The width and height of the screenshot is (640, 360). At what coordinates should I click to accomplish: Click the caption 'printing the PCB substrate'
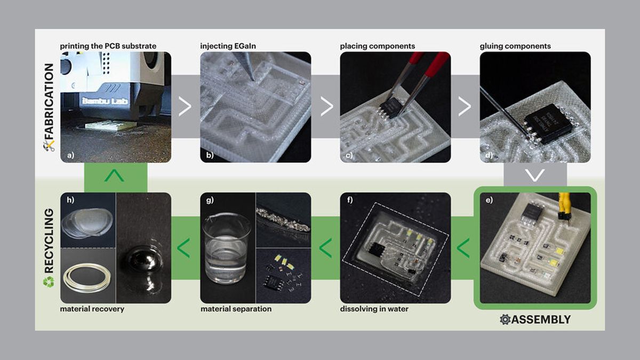click(109, 46)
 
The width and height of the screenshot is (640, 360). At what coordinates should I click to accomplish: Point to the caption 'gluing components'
click(515, 46)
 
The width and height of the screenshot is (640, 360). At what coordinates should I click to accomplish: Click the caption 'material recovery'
click(92, 309)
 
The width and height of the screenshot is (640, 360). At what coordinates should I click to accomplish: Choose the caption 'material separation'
click(236, 309)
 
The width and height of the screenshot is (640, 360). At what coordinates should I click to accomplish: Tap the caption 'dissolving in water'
click(374, 309)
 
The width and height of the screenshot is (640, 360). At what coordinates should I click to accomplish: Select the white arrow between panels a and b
click(185, 107)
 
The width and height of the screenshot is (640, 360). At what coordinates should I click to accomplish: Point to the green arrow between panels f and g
click(324, 247)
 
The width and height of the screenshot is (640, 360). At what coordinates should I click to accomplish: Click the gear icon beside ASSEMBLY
click(505, 319)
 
